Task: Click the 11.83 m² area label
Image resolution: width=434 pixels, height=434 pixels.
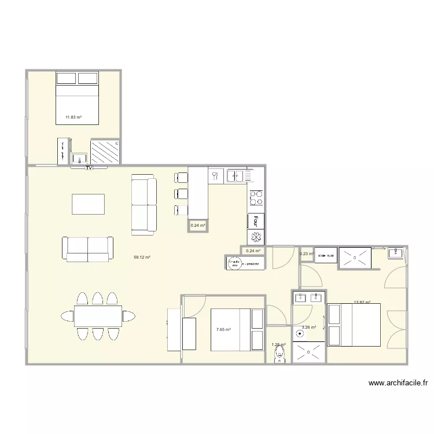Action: (73, 117)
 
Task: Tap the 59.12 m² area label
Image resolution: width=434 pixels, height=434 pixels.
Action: (142, 258)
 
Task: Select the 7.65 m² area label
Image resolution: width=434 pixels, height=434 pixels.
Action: (223, 330)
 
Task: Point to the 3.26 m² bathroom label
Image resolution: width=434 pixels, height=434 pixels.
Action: (310, 328)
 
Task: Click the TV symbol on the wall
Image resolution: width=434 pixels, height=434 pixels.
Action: (89, 168)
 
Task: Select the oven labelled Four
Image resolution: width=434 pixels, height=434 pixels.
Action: (256, 220)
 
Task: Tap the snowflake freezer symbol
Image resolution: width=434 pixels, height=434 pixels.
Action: (256, 237)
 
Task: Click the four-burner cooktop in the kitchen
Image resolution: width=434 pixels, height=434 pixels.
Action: (256, 198)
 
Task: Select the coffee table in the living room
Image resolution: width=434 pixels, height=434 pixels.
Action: (89, 204)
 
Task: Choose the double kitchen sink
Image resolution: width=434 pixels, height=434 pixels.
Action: (235, 175)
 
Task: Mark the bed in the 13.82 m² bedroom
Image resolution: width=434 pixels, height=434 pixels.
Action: (354, 325)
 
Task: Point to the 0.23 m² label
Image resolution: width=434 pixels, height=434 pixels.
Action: (306, 253)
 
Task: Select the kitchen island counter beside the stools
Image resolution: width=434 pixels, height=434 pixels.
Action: (198, 191)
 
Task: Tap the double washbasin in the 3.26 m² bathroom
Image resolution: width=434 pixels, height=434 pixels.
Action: (308, 299)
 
